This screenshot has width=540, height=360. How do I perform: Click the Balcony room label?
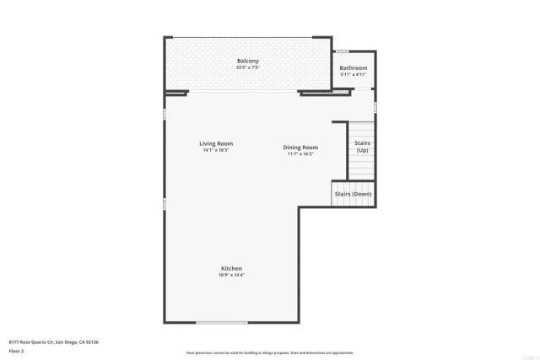coord(247,62)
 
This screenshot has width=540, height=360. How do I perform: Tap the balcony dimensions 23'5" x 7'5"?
coord(247,67)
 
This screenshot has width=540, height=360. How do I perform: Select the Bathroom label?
coord(353,67)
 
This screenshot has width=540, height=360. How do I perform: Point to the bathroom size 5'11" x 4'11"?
coord(353,74)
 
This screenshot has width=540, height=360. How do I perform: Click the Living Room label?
coord(216,143)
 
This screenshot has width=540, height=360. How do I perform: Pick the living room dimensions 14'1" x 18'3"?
coord(216,150)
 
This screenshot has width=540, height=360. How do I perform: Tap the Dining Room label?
coord(300,148)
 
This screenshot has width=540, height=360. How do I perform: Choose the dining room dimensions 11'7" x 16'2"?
coord(300,154)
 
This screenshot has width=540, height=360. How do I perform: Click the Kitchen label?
coord(231,268)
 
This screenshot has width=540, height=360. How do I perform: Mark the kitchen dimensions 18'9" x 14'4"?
coord(231,275)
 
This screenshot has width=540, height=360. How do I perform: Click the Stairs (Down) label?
coord(353,194)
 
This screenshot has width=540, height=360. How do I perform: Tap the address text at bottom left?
coord(54,341)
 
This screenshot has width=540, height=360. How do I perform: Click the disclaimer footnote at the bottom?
coord(269,352)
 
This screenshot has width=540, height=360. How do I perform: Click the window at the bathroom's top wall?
coord(342,51)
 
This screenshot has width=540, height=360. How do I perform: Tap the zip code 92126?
coord(91,341)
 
